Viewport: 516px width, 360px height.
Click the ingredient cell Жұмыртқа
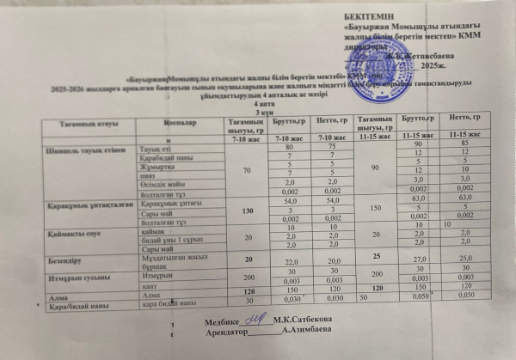coord(158,165)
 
